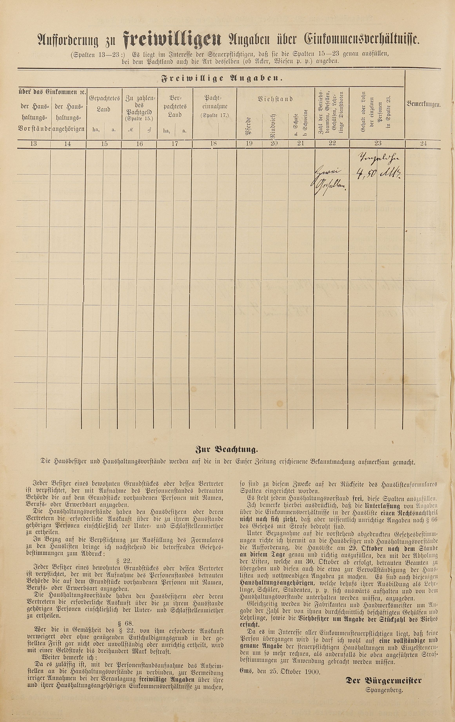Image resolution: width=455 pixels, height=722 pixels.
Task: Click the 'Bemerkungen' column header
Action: point(424,104)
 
